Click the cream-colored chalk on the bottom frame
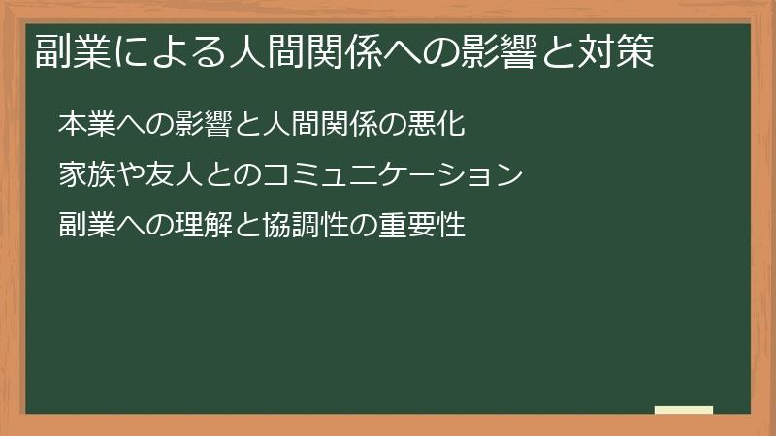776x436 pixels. (684, 411)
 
